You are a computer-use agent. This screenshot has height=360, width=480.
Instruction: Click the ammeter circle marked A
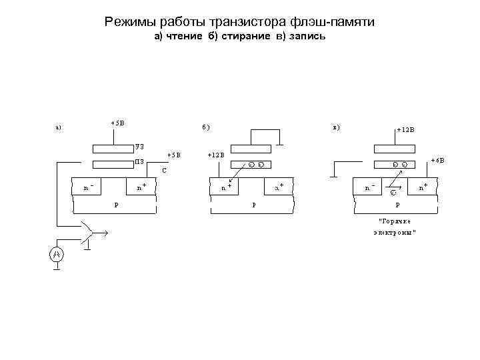(57, 255)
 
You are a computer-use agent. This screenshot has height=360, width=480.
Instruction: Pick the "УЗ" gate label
(139, 145)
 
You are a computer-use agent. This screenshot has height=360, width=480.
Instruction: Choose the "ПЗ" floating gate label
(139, 161)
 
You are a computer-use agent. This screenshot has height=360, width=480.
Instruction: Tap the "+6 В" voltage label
(437, 160)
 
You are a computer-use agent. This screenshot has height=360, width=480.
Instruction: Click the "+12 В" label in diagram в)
(405, 130)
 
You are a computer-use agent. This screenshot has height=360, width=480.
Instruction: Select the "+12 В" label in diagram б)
(216, 155)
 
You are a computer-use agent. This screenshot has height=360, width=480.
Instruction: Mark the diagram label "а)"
(59, 127)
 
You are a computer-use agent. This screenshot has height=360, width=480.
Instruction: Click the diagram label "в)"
(336, 127)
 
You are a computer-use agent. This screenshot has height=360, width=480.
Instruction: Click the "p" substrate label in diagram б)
(253, 204)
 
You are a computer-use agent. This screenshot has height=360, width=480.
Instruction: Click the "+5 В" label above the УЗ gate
(117, 122)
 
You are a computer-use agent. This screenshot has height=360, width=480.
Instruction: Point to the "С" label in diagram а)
(165, 171)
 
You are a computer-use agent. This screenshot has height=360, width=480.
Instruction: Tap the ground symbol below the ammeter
(57, 269)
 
